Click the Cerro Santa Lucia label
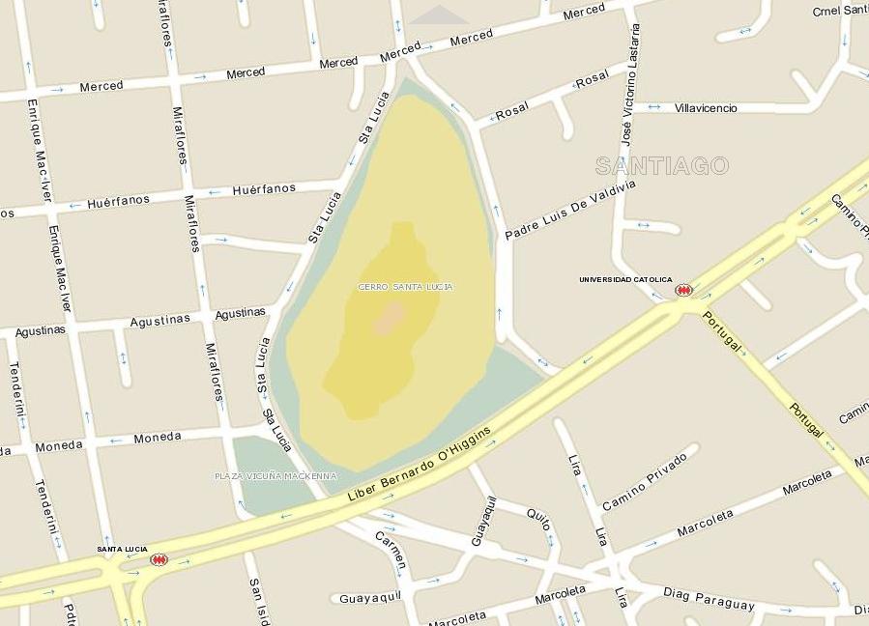pyautogui.click(x=405, y=287)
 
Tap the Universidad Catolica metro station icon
pyautogui.click(x=683, y=290)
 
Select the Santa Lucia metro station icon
pyautogui.click(x=159, y=559)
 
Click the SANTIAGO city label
pyautogui.click(x=661, y=166)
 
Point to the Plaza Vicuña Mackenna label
pyautogui.click(x=275, y=476)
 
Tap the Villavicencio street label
pyautogui.click(x=706, y=108)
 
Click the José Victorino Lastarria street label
pyautogui.click(x=629, y=82)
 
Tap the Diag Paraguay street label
pyautogui.click(x=709, y=599)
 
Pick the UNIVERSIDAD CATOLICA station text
pyautogui.click(x=625, y=280)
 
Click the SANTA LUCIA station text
pyautogui.click(x=122, y=549)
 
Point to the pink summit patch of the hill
pyautogui.click(x=390, y=318)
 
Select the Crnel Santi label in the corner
pyautogui.click(x=839, y=11)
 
